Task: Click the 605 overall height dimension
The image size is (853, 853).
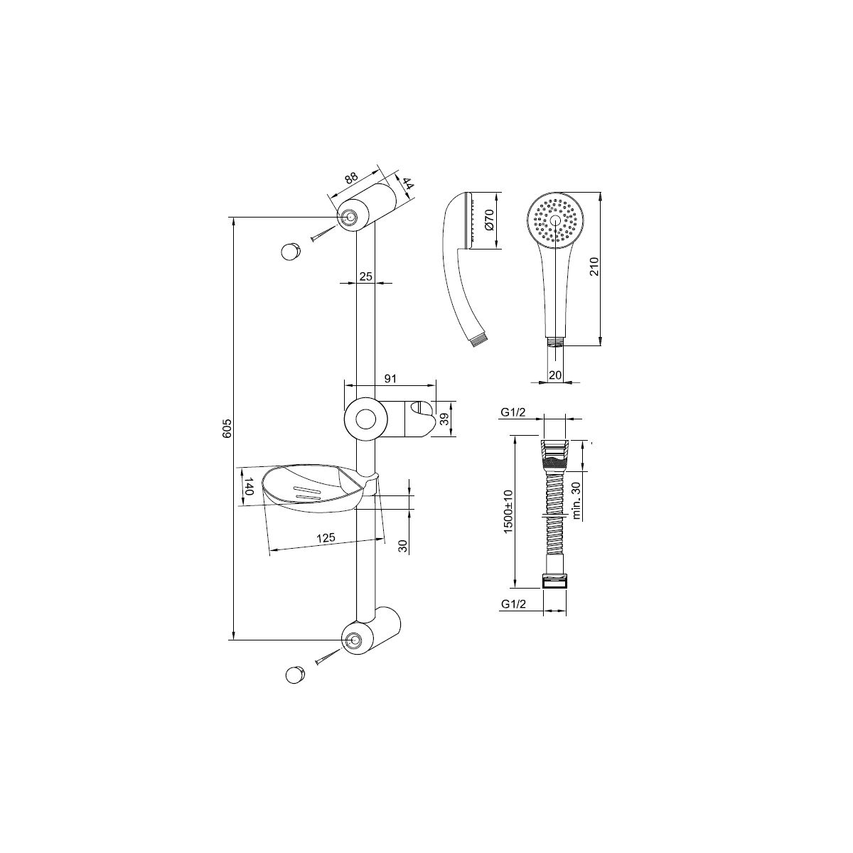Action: point(227,428)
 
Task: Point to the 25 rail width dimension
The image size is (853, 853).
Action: point(365,277)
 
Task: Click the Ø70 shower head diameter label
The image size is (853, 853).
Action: point(489,220)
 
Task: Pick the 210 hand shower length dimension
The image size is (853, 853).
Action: point(594,267)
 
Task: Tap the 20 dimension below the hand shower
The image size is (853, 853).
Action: point(555,375)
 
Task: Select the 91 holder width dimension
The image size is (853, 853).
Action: point(390,378)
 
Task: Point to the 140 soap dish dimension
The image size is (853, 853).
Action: point(248,486)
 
